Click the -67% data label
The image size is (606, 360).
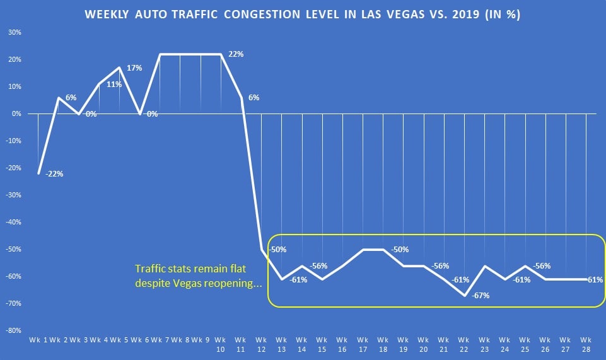(x=481, y=295)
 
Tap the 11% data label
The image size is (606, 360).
(x=114, y=84)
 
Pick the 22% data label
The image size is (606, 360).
(x=236, y=54)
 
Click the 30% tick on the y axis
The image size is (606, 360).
(x=15, y=32)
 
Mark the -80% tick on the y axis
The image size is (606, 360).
(x=13, y=330)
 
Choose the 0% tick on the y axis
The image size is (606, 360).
(x=16, y=113)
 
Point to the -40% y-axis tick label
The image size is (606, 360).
(x=13, y=222)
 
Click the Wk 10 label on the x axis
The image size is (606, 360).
(x=221, y=345)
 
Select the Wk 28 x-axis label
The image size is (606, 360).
(x=586, y=345)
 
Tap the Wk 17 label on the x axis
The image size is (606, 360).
(x=363, y=345)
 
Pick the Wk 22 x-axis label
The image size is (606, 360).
(x=464, y=345)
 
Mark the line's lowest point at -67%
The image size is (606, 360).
(x=463, y=295)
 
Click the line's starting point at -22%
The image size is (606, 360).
(x=38, y=173)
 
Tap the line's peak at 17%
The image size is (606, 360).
(x=120, y=67)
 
